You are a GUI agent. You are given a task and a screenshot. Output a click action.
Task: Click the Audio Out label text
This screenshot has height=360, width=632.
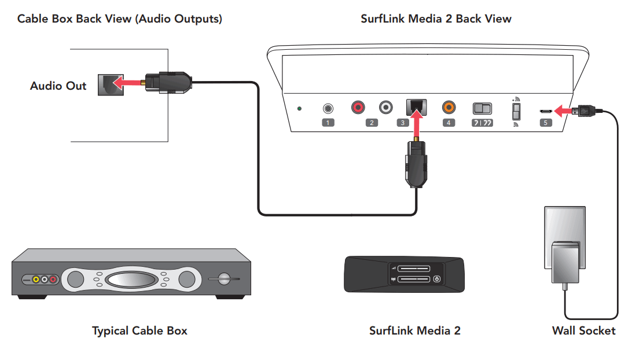[x=58, y=86]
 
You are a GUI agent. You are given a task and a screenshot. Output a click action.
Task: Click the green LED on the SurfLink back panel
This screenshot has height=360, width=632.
[x=299, y=108]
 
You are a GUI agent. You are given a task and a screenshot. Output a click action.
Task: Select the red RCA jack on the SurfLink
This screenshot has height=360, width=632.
[x=359, y=108]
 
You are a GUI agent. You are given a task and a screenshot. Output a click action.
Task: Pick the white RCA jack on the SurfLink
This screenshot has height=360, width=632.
[x=386, y=108]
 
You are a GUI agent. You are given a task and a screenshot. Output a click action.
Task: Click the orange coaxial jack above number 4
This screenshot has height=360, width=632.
[x=449, y=108]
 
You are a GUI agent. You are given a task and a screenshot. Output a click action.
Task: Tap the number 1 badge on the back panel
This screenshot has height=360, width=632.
[x=328, y=123]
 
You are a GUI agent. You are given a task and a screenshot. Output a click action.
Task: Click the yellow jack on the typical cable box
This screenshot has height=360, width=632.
[x=36, y=280]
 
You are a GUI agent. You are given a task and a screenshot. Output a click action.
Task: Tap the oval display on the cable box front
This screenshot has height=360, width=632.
[x=131, y=280]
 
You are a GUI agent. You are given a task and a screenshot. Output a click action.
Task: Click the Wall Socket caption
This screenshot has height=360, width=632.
[x=583, y=331]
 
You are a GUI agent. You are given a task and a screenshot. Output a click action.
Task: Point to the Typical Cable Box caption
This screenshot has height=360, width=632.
[x=139, y=331]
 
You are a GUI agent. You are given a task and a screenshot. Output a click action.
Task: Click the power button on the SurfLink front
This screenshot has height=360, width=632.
[x=436, y=279]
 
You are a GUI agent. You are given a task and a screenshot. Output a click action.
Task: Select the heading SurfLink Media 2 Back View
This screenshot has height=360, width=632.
[x=436, y=19]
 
